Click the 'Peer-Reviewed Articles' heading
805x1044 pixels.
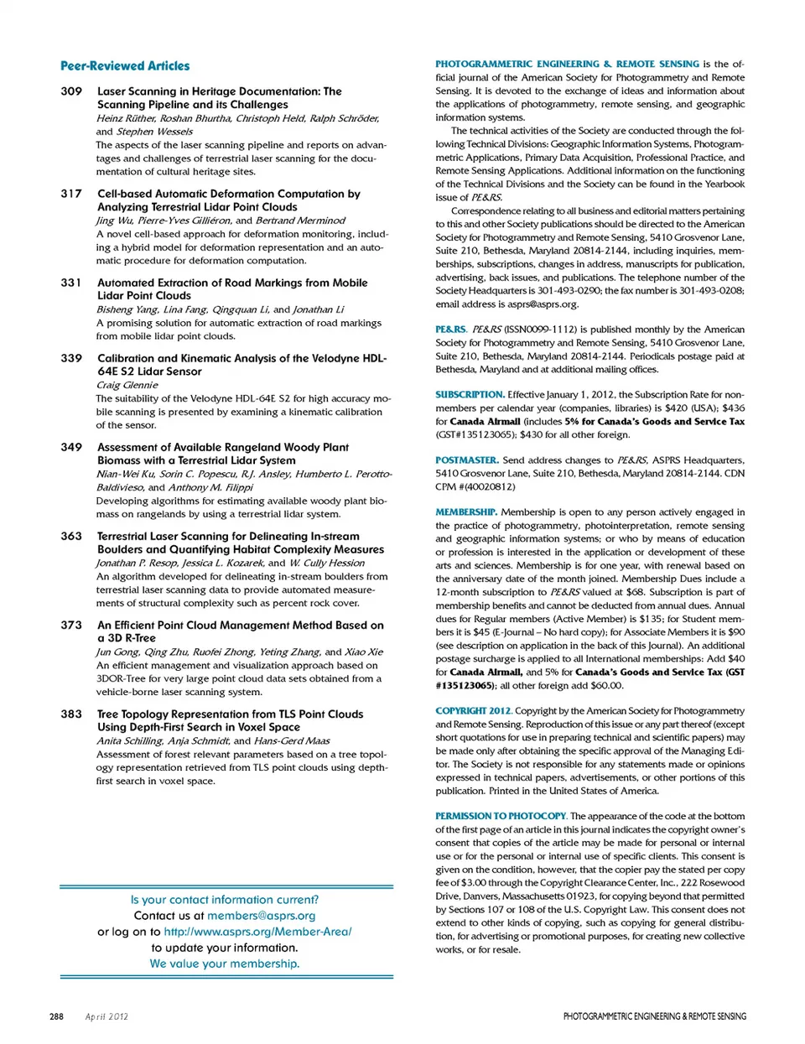[125, 65]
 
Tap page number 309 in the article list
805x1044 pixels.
[71, 91]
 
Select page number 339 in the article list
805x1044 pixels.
[71, 358]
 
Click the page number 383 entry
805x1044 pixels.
[71, 714]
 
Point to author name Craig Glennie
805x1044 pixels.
[127, 385]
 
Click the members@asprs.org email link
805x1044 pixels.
[262, 916]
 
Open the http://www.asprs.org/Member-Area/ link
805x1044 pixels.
[257, 932]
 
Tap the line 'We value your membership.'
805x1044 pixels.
[225, 963]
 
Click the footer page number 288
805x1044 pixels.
[56, 1016]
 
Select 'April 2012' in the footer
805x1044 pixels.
[106, 1016]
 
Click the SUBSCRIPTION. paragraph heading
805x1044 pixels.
[470, 394]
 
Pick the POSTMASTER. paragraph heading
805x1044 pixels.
[466, 460]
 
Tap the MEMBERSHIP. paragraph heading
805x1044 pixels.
[465, 512]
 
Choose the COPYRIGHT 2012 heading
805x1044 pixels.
[473, 710]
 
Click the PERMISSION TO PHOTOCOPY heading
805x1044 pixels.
[501, 816]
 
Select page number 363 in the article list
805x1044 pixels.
[71, 537]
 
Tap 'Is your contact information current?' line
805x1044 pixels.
[225, 900]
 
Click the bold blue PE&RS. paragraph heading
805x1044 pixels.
[450, 330]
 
